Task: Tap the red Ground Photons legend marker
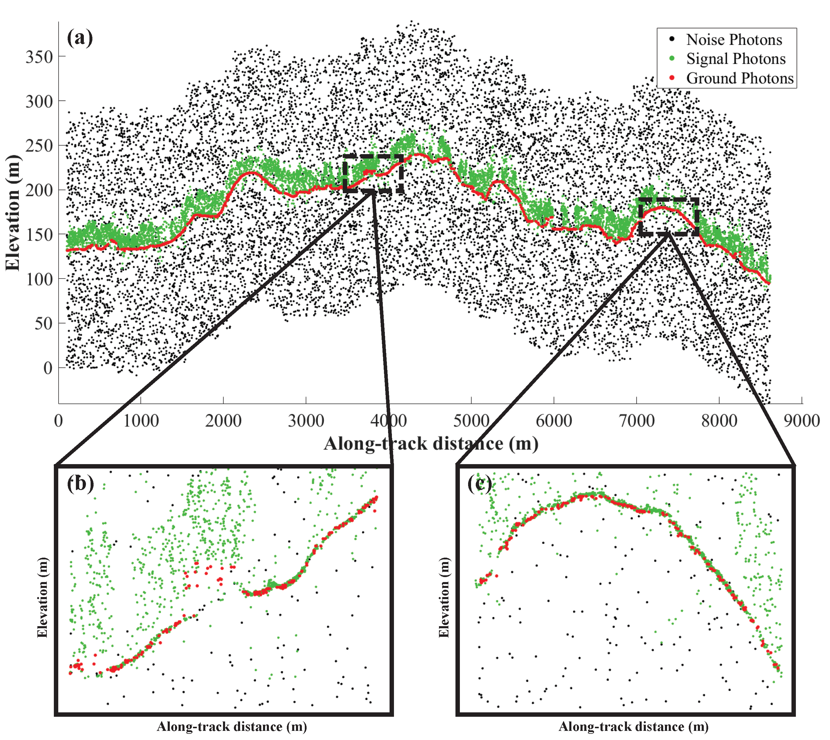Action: point(672,78)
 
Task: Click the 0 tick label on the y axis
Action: point(48,368)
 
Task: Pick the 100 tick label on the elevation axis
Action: point(39,279)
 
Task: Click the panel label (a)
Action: point(80,38)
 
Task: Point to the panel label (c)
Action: point(480,484)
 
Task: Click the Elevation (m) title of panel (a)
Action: point(13,212)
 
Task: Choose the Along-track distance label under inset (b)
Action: point(232,726)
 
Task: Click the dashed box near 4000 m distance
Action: point(373,174)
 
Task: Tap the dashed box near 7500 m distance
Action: point(668,217)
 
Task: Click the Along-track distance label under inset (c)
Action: point(633,726)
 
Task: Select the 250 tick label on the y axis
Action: point(39,146)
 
